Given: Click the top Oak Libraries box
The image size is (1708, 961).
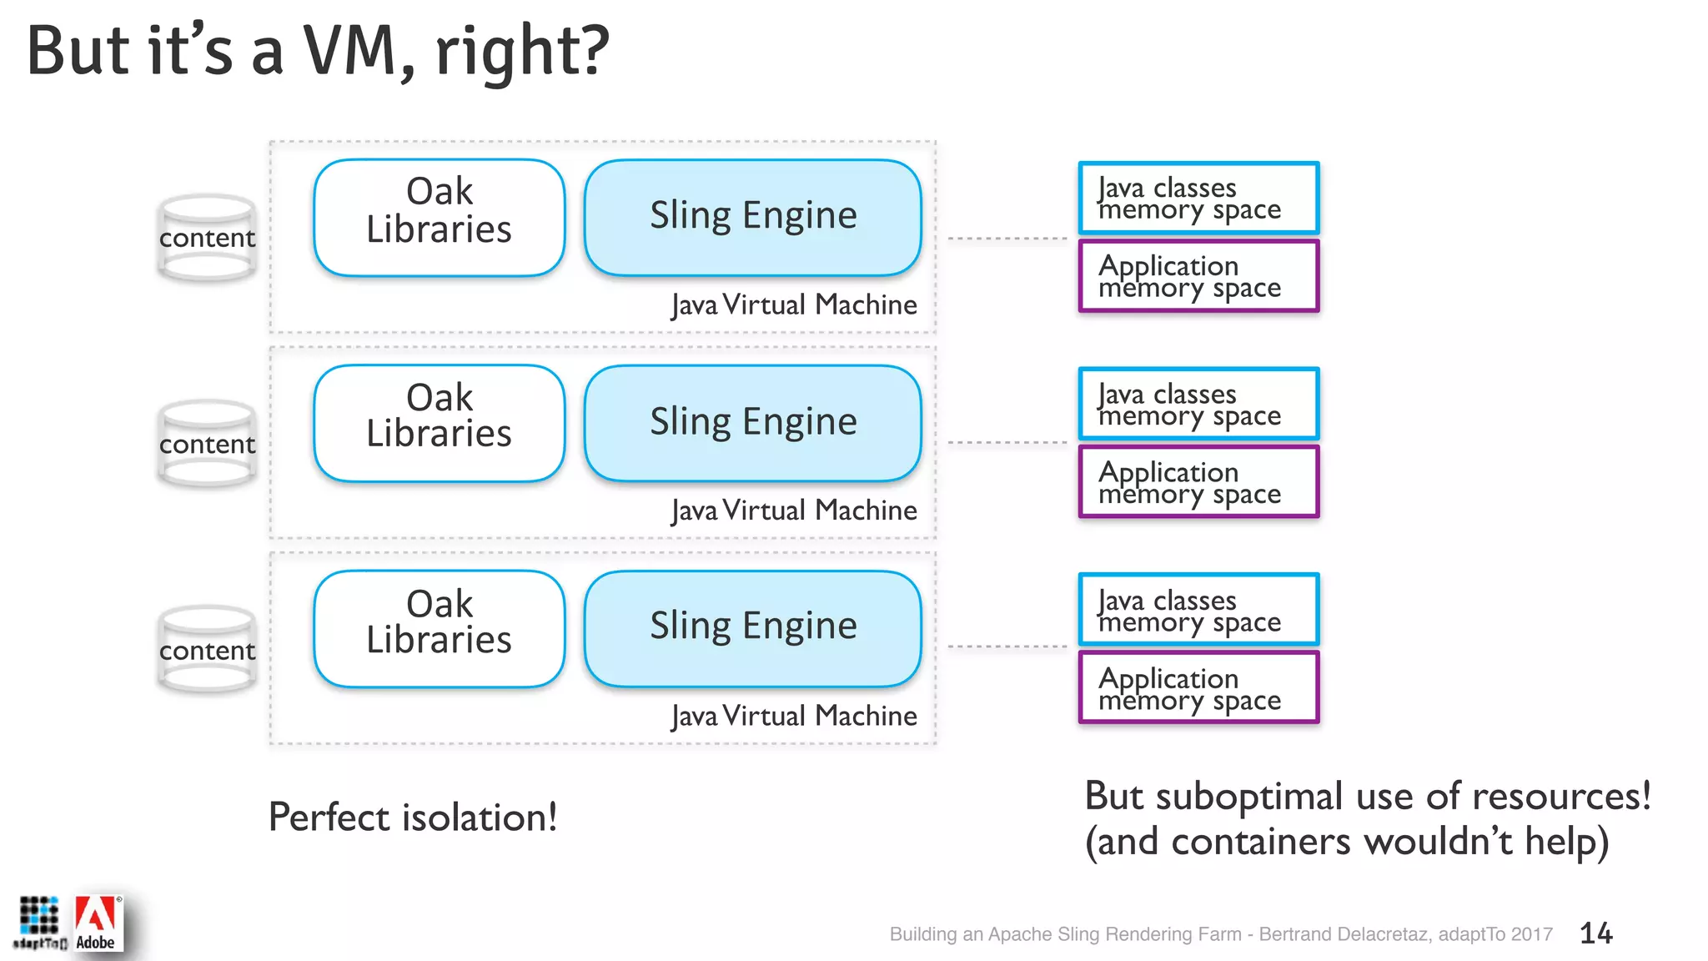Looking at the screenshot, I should click(x=440, y=217).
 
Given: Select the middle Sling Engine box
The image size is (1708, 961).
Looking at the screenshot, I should click(x=753, y=423).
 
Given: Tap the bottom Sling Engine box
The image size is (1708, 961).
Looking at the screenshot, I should click(x=753, y=628).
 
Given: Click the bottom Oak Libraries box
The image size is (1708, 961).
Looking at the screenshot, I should click(x=440, y=628).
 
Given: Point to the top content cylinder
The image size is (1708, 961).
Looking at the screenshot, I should click(x=207, y=238).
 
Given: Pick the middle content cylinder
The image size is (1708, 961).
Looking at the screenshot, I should click(x=207, y=444).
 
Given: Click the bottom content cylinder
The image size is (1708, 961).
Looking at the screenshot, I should click(x=207, y=650).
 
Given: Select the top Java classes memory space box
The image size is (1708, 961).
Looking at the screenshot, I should click(x=1198, y=198).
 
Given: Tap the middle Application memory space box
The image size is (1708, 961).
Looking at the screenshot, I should click(x=1198, y=482).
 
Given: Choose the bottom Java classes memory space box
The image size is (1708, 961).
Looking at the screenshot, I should click(x=1198, y=610).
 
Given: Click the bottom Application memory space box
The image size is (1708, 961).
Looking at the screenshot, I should click(x=1198, y=688).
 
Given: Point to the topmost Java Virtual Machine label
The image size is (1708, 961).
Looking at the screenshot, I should click(x=794, y=304).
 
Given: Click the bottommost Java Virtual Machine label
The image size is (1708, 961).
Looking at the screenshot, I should click(x=794, y=716).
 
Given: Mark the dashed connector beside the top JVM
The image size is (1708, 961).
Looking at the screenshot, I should click(x=1007, y=239).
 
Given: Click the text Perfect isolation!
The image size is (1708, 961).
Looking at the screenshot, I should click(x=412, y=817).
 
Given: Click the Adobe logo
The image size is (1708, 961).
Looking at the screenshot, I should click(x=97, y=923).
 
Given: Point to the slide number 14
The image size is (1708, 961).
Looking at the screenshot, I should click(x=1595, y=933).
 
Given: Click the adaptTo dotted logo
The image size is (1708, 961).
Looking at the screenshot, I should click(x=38, y=921).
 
